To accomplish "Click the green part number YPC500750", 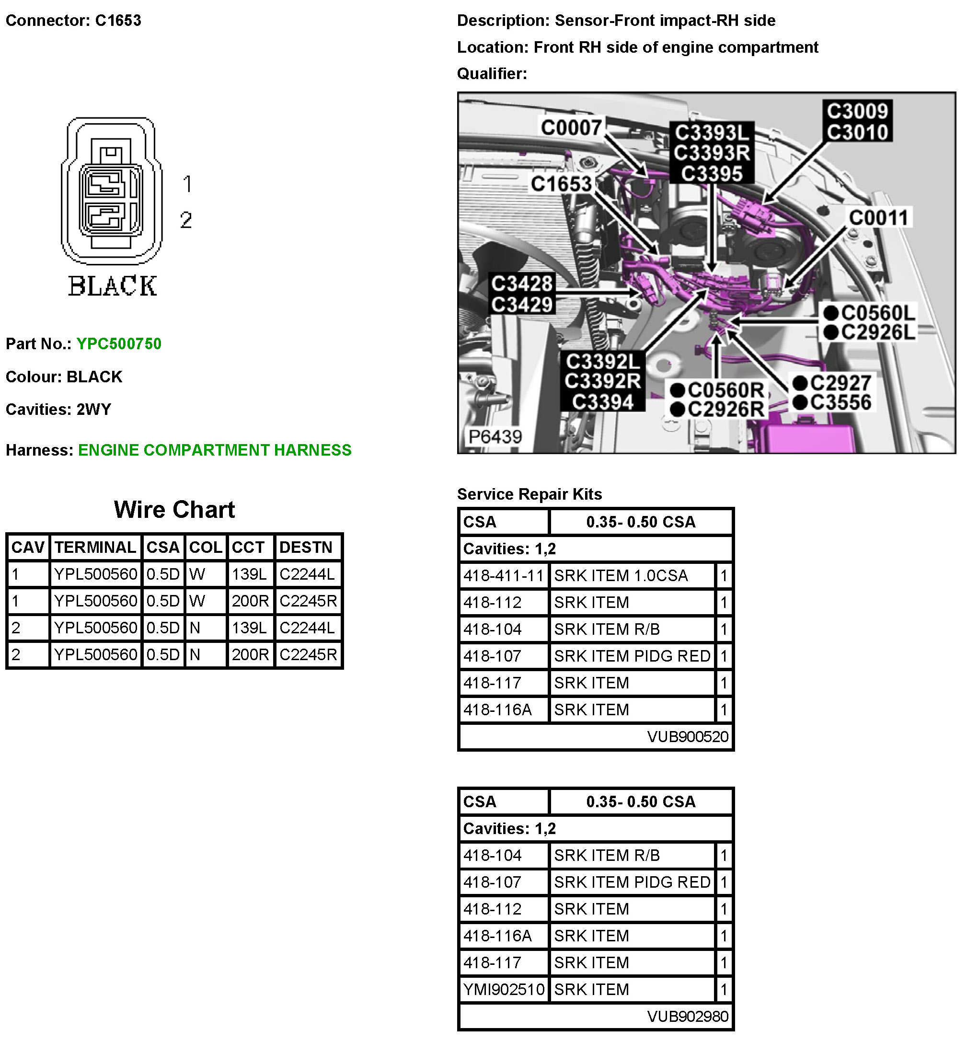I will [119, 343].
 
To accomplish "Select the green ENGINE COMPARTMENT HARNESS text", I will [215, 450].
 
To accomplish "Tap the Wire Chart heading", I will [174, 510].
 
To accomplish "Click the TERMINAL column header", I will [95, 547].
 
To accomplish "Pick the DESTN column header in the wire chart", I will [306, 547].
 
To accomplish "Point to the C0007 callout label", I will [571, 127].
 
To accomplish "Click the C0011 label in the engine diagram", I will [878, 217].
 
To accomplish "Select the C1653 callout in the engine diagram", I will [561, 183].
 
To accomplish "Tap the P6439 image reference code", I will [495, 436].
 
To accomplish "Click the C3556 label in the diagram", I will [840, 402].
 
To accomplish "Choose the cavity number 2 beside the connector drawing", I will [186, 220].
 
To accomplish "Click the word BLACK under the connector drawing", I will [112, 286].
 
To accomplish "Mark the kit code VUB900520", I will [687, 736].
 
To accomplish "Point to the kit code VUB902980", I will [687, 1016].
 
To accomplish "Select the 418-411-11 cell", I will [503, 575].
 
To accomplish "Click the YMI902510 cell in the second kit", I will [503, 989].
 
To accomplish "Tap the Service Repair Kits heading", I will [529, 494].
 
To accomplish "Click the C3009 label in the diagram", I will [857, 111].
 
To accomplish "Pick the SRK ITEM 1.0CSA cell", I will [621, 575].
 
